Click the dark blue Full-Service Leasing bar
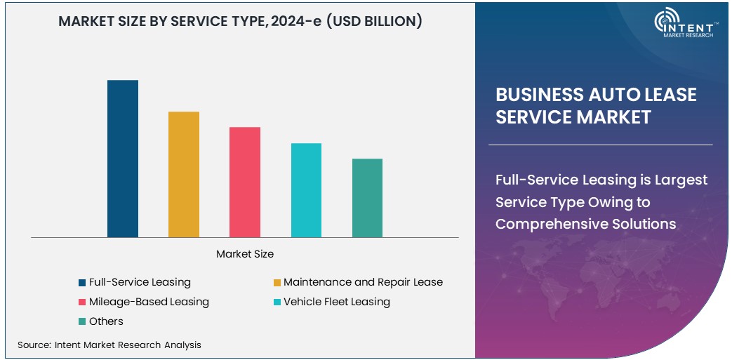(123, 159)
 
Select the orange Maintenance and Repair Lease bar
(184, 174)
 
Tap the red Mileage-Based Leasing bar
(245, 182)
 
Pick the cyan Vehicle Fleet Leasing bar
(306, 190)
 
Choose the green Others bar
(367, 198)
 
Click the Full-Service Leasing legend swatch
(82, 283)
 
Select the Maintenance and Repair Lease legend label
(363, 282)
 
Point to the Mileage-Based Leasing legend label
(149, 302)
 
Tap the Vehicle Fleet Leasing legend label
(336, 302)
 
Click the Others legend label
(106, 321)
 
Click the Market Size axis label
(245, 253)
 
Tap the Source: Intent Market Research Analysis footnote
(109, 345)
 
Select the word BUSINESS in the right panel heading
(538, 95)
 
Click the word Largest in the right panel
(681, 180)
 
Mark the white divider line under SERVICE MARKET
(600, 145)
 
